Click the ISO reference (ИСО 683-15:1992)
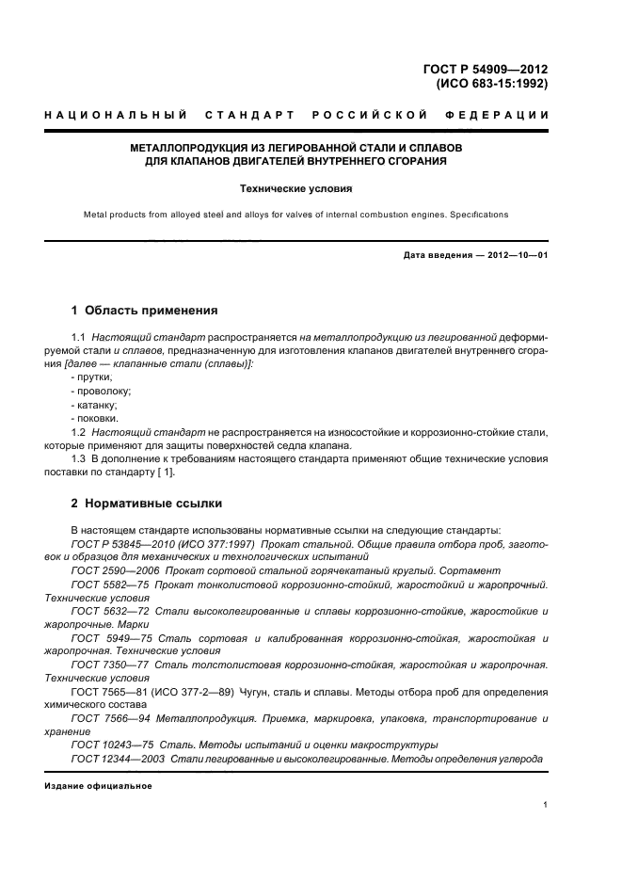tap(492, 84)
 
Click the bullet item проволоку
tap(100, 390)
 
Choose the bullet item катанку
tap(96, 404)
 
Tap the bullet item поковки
tap(96, 417)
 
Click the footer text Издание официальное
tap(98, 785)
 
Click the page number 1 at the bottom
tap(545, 805)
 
